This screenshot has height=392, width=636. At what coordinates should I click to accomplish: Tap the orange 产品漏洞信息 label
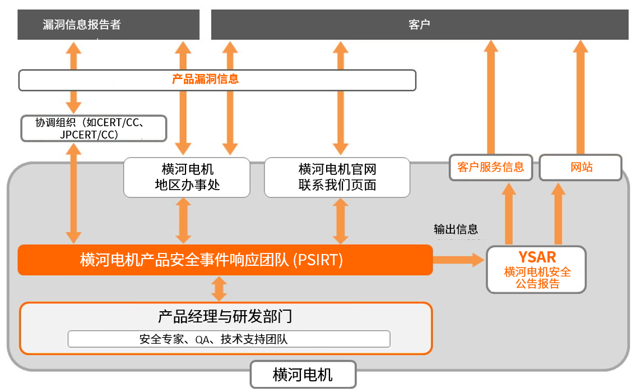[205, 79]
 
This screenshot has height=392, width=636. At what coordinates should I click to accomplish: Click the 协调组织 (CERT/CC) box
[94, 128]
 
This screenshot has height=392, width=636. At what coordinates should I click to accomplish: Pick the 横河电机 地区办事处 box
[187, 177]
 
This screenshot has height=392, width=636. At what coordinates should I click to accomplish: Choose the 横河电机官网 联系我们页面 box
[337, 177]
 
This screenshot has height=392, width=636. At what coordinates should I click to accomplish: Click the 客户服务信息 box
[490, 167]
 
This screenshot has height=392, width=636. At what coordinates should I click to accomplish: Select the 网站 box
[581, 167]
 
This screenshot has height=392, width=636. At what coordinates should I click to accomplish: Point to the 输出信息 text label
[456, 229]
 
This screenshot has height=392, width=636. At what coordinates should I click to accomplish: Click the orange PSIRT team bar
[225, 260]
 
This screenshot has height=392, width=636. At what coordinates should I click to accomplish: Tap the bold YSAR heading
[537, 257]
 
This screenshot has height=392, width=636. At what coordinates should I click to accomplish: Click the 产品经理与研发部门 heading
[225, 316]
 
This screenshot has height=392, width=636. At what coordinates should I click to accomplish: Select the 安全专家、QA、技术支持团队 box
[229, 339]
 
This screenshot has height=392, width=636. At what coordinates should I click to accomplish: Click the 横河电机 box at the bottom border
[303, 375]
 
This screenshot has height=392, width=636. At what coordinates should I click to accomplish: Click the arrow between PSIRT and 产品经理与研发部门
[219, 288]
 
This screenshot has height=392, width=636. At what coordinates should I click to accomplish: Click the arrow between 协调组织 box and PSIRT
[73, 192]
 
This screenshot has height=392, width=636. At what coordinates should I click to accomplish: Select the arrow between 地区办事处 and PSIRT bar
[183, 221]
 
